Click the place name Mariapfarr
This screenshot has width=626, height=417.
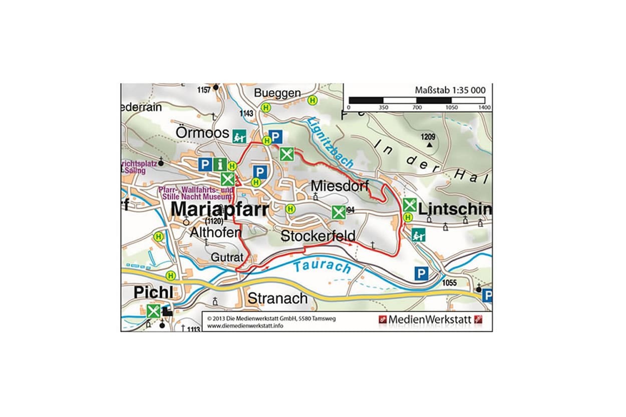220,209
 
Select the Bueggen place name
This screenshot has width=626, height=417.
277,93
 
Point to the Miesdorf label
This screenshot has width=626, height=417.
340,185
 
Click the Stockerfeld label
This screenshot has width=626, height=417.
318,236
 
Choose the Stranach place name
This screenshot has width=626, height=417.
278,298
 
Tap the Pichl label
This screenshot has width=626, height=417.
153,292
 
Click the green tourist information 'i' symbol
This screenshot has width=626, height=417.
219,164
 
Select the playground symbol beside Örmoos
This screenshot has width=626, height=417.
239,135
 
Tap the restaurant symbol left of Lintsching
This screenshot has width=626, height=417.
409,204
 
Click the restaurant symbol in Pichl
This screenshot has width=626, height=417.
153,311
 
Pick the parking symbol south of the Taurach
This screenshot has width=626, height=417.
421,273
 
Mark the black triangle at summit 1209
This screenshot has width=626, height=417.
429,145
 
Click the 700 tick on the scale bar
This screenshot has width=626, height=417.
417,108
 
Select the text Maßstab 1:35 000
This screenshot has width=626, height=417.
450,90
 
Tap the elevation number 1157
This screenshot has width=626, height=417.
204,90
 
